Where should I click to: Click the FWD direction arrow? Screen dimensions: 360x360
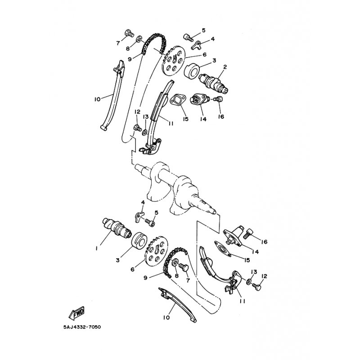76,313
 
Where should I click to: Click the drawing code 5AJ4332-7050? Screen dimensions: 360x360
82,327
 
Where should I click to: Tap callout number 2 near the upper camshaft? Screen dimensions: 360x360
225,67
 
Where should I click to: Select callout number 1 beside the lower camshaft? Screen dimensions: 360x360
97,248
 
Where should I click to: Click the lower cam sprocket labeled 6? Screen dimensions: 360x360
157,255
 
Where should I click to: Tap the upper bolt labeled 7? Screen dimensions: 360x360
130,33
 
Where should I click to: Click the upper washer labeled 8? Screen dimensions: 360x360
139,39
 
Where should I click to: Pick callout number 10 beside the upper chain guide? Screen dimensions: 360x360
97,99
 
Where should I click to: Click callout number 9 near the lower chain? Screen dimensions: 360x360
145,278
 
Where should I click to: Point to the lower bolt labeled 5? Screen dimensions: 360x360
150,222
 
